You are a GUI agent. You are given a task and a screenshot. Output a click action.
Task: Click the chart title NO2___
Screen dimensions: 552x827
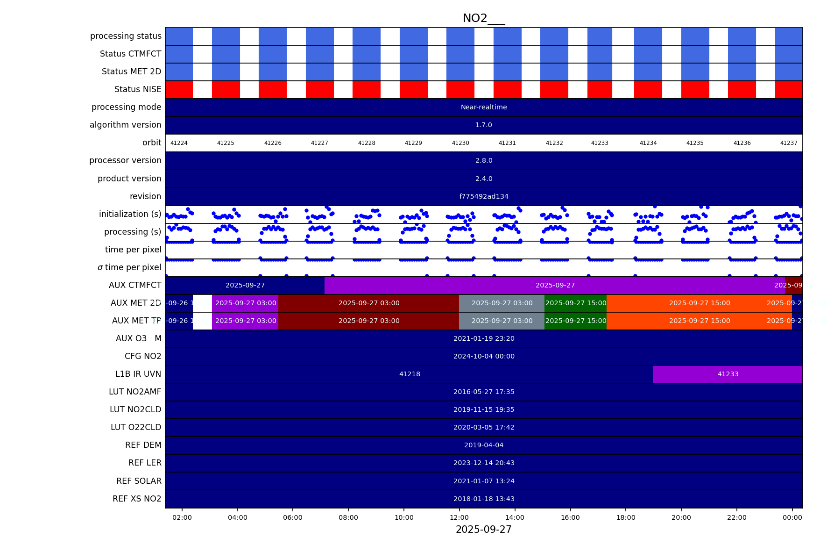tap(483, 18)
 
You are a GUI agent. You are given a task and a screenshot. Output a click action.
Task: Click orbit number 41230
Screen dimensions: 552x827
tap(460, 143)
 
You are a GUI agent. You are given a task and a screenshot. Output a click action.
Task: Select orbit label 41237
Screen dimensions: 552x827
tap(789, 143)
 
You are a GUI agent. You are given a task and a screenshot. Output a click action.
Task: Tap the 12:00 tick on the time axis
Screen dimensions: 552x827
tap(459, 517)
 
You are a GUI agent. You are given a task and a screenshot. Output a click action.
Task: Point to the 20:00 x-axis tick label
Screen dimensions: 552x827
tap(681, 517)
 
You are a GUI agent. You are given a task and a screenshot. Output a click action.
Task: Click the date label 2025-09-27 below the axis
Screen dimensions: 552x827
tap(483, 530)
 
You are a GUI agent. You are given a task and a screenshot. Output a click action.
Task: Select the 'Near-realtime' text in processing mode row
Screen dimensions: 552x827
tap(484, 108)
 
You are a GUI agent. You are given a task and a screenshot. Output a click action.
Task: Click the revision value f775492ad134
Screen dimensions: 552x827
tap(484, 197)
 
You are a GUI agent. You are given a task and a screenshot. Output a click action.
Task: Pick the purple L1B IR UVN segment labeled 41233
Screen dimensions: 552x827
tap(728, 374)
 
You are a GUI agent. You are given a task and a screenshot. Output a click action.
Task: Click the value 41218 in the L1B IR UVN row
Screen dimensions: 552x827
tap(410, 374)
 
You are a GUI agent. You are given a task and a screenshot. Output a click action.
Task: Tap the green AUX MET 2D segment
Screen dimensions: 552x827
tap(575, 303)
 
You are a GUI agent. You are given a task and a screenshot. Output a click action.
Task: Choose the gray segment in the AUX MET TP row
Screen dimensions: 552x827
tap(502, 321)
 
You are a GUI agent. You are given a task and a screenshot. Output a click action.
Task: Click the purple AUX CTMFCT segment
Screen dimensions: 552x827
tap(555, 286)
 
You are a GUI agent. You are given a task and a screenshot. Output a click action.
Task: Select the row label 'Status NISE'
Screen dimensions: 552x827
tap(138, 89)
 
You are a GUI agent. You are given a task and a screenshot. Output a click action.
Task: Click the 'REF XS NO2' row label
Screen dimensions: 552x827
tap(137, 499)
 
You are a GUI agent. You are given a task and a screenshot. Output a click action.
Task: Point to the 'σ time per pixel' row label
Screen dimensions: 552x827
tap(129, 267)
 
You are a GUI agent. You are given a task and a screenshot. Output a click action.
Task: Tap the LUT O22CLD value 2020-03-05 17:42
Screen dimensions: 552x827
tap(484, 428)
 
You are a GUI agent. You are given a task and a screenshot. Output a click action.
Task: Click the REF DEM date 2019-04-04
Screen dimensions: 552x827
tap(484, 445)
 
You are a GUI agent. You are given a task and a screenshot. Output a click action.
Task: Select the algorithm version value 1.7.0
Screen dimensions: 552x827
tap(484, 125)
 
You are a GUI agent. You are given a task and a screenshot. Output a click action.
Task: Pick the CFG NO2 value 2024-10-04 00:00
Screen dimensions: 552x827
tap(484, 357)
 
